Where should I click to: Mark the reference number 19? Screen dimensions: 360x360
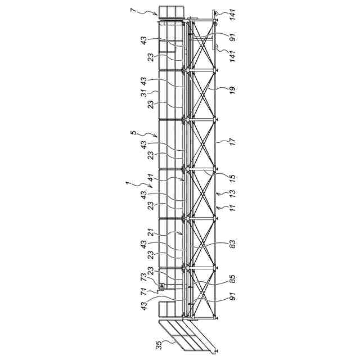232,89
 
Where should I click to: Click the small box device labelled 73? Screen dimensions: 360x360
161,287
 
